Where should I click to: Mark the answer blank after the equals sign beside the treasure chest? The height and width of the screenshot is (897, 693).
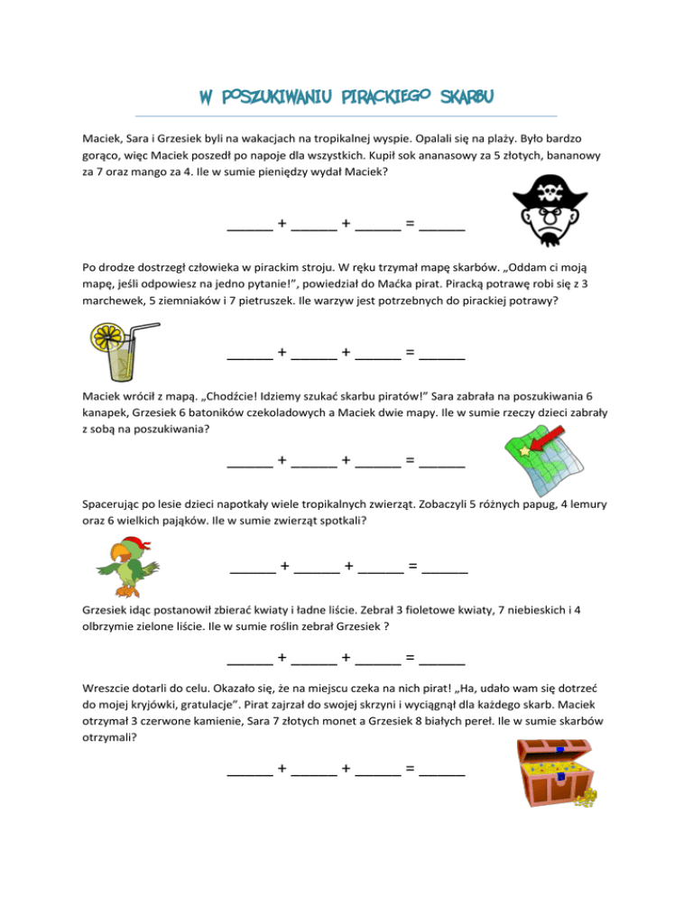click(442, 771)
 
